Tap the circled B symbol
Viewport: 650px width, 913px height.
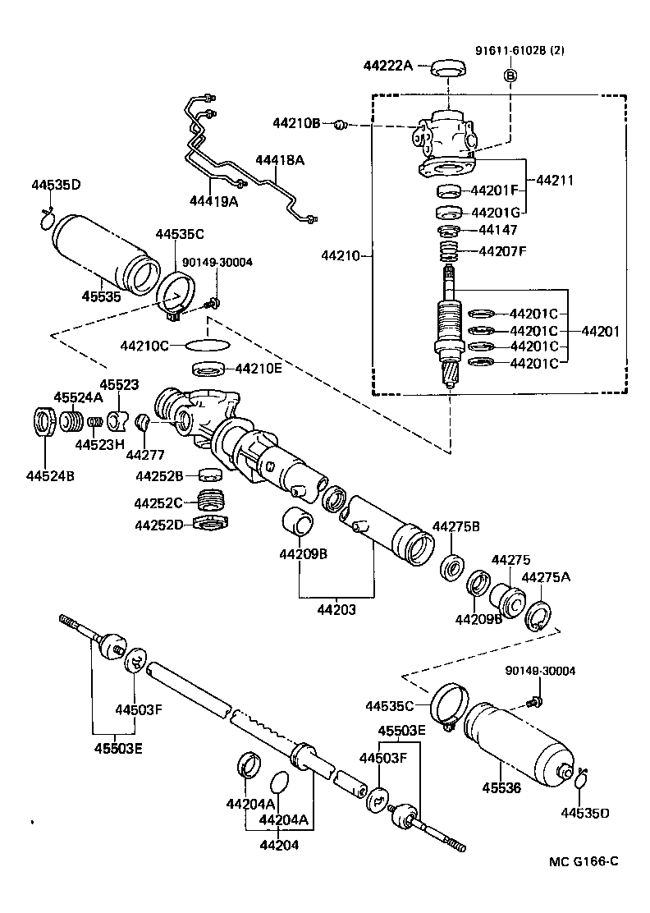(x=510, y=76)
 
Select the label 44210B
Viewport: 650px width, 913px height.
(x=296, y=124)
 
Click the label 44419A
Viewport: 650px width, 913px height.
(x=214, y=200)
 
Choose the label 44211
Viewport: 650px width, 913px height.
(x=555, y=180)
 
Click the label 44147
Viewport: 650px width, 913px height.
(x=500, y=231)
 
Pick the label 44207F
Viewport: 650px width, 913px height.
(x=503, y=250)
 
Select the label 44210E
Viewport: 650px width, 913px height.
(x=259, y=369)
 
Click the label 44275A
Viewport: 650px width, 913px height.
(x=546, y=577)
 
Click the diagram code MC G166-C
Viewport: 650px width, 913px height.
(x=584, y=861)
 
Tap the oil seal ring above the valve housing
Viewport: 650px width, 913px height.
(x=449, y=67)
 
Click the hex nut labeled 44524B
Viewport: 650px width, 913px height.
(x=43, y=423)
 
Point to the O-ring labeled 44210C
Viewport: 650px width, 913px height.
(x=205, y=345)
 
